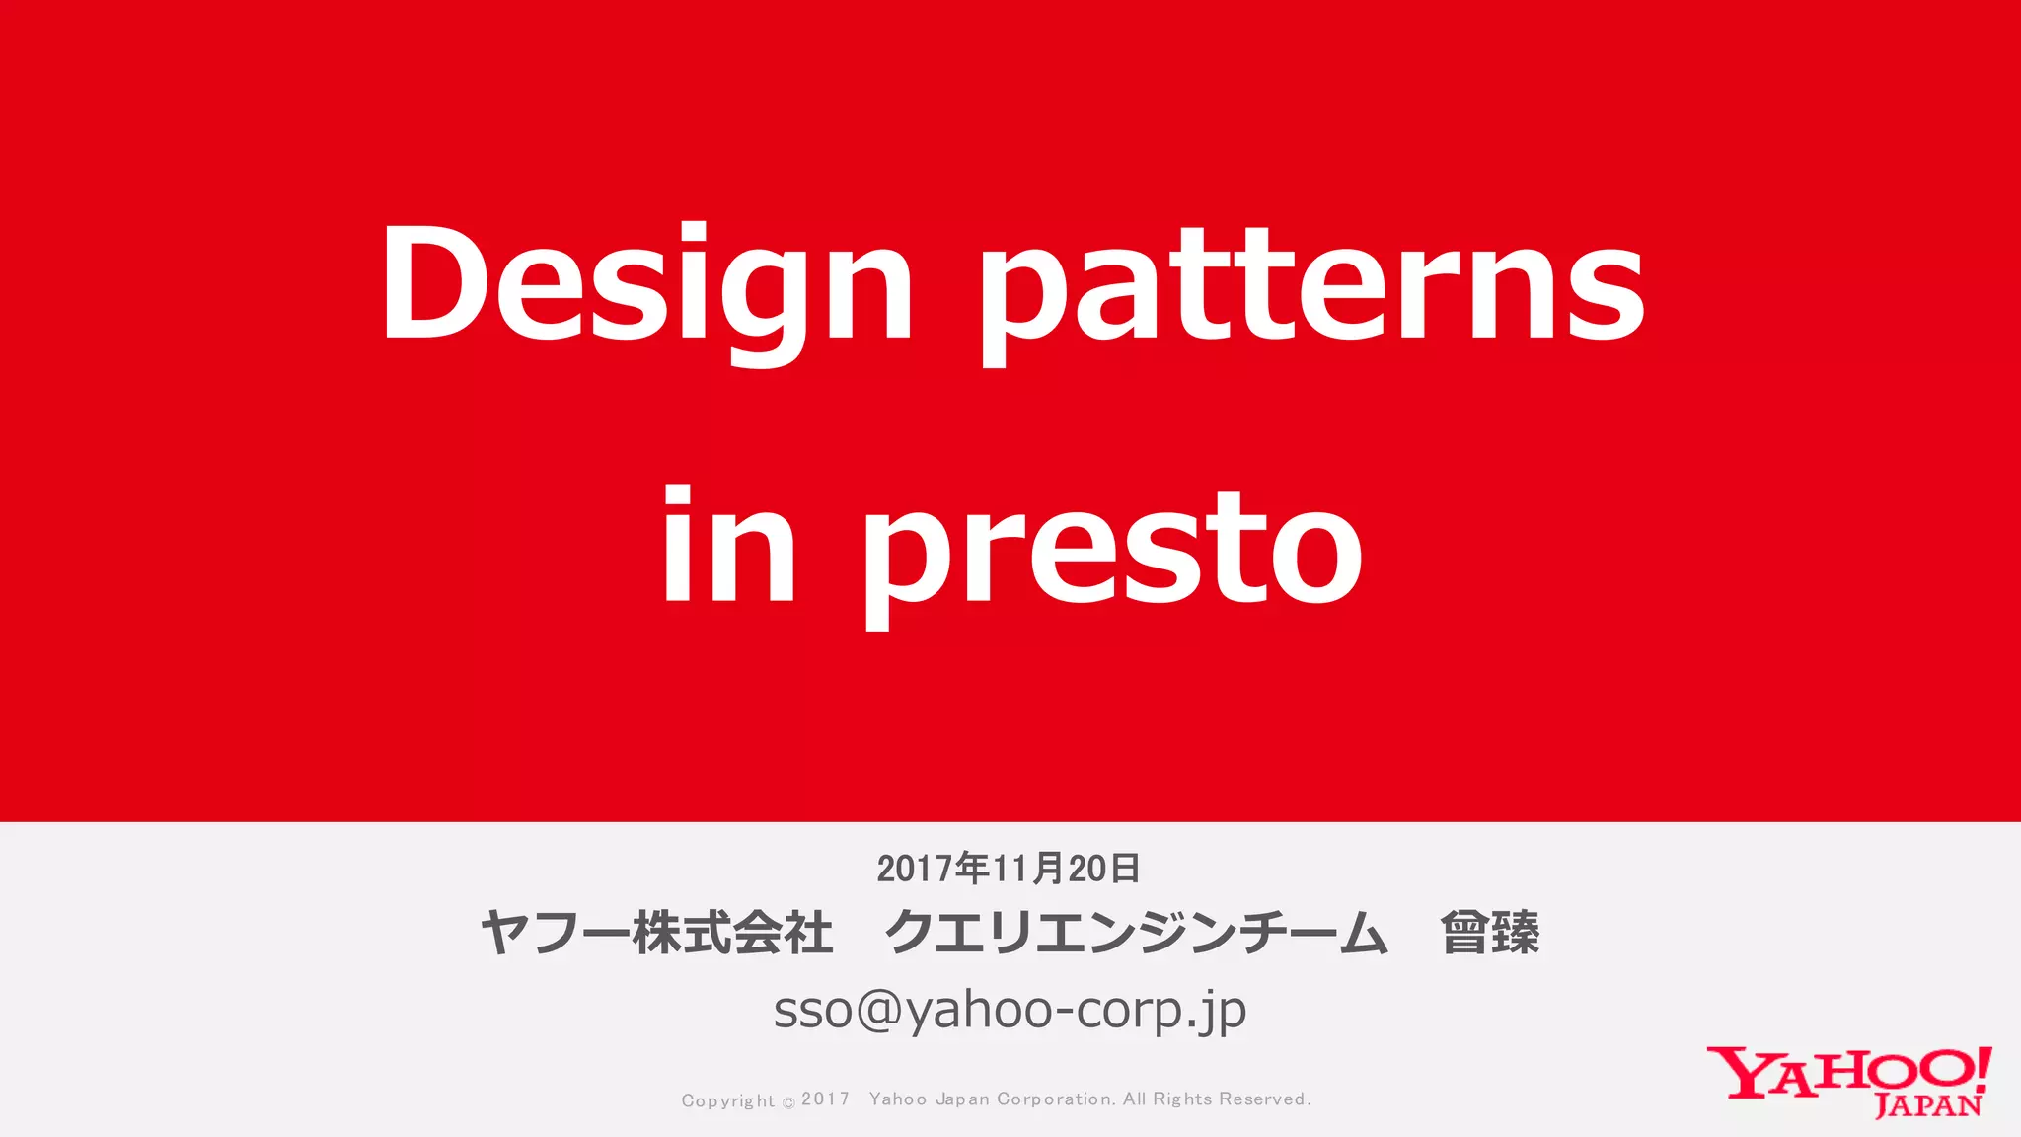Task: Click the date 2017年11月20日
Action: [1009, 869]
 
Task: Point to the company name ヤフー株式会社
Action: [657, 933]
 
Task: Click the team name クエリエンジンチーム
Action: [1136, 933]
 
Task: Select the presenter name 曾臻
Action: [1489, 933]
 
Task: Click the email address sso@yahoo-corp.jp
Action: [1010, 1010]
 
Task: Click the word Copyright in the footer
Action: [727, 1100]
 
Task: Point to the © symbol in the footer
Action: [788, 1102]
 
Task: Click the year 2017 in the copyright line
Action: [825, 1099]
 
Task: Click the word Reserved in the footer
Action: [1264, 1099]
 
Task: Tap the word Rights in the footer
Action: [1182, 1099]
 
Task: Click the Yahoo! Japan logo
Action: [1849, 1082]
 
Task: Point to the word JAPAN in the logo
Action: [1927, 1105]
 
